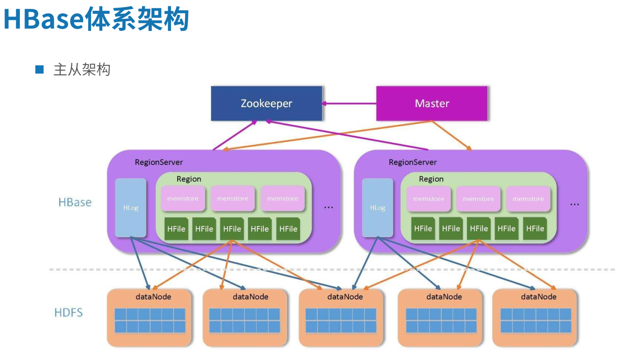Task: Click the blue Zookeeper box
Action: (266, 104)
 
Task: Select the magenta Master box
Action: (432, 104)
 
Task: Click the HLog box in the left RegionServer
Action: (131, 208)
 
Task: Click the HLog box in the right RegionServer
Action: (377, 208)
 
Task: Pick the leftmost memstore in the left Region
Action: (183, 199)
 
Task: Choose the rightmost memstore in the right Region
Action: (528, 199)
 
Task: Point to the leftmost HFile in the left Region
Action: (176, 229)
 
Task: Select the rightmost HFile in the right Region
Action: (535, 229)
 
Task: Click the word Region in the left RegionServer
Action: (188, 179)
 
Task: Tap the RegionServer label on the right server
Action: (412, 162)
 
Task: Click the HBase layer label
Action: (75, 202)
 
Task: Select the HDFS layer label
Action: (69, 312)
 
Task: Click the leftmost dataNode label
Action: (153, 296)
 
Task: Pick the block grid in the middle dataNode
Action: (340, 320)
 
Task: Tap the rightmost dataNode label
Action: (538, 296)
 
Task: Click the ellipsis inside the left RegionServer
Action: (328, 208)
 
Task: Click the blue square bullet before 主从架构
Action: (39, 69)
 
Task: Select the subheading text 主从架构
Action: (82, 69)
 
